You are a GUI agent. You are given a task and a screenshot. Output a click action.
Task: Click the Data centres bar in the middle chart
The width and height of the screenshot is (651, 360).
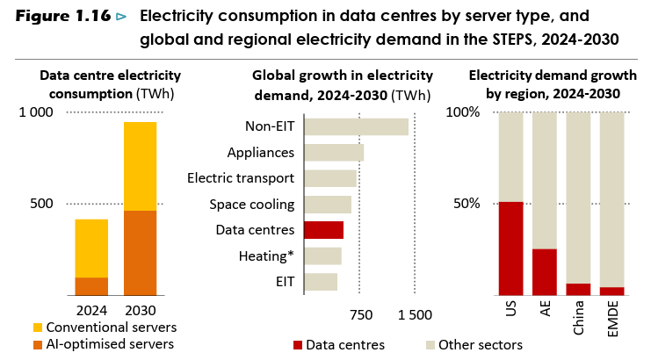tap(323, 230)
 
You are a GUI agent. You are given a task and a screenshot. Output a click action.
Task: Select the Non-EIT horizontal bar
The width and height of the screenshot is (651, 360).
tap(356, 126)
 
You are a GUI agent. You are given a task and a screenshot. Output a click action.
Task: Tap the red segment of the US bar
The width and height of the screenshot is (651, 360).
tap(510, 248)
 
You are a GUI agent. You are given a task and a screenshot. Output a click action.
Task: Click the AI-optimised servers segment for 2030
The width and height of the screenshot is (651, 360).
tap(140, 253)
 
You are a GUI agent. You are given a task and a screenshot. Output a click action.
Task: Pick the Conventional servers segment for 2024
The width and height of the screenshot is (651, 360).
tap(91, 248)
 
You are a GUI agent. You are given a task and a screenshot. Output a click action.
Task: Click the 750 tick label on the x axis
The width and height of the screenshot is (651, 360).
tap(361, 315)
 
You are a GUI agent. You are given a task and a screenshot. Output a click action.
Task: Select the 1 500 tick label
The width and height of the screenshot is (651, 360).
tap(415, 315)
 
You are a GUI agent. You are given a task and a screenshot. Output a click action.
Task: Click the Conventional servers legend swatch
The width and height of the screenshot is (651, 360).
tap(37, 328)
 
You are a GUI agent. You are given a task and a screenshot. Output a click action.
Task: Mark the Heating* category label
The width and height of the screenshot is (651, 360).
tap(266, 256)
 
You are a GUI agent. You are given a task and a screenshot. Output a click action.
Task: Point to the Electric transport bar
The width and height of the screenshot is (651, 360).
tap(330, 178)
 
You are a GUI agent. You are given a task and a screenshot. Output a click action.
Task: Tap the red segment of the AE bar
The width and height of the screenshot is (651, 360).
tap(545, 272)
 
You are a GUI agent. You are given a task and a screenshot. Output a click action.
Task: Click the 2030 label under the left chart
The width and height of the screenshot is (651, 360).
tap(140, 310)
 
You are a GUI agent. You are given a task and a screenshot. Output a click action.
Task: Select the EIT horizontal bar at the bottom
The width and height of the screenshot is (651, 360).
tap(321, 282)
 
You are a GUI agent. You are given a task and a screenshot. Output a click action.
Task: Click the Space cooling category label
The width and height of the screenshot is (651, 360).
tap(251, 205)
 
